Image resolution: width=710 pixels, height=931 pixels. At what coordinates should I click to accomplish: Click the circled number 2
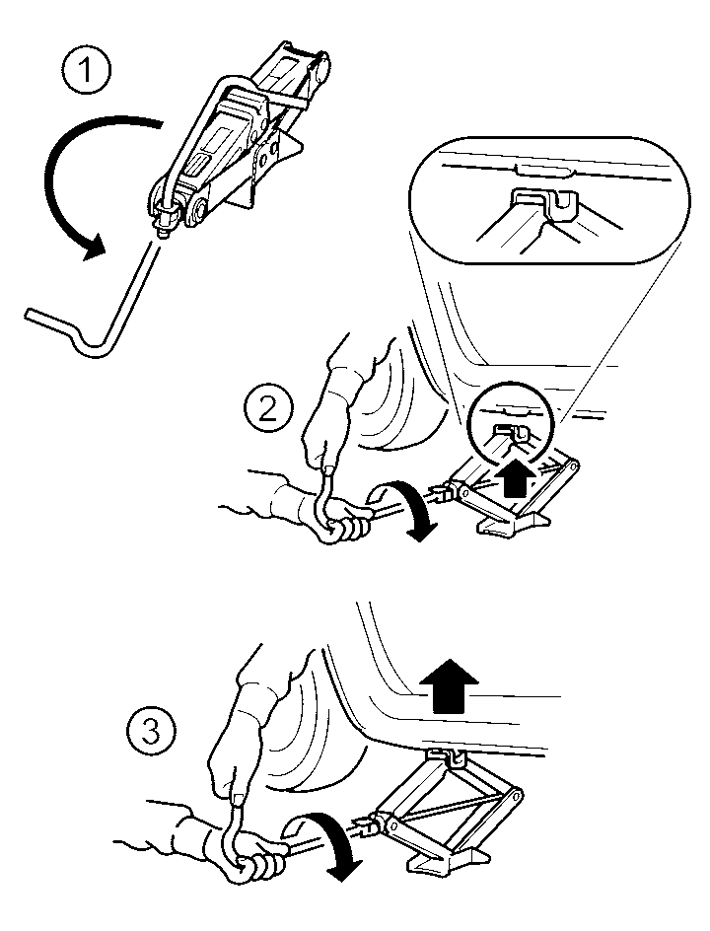pos(266,408)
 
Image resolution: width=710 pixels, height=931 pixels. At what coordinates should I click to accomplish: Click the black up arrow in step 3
pos(449,685)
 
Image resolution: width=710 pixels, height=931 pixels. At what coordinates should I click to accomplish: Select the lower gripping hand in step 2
pos(341,517)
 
